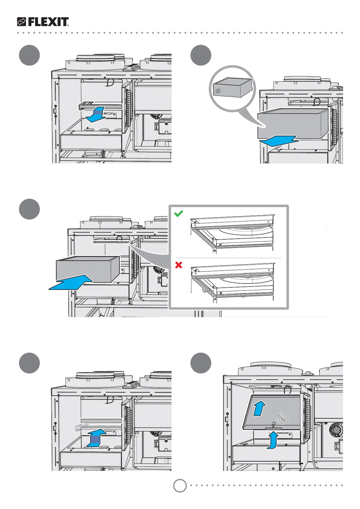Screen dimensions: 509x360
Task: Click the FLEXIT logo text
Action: [48, 22]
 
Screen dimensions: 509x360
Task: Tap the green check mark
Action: [179, 214]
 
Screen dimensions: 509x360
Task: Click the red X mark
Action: [179, 265]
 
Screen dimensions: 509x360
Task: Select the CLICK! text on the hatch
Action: [282, 418]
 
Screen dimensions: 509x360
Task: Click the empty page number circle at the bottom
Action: [180, 486]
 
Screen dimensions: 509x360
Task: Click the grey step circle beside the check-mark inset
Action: [29, 209]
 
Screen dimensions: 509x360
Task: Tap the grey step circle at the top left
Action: [29, 55]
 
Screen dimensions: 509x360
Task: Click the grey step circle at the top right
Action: [201, 55]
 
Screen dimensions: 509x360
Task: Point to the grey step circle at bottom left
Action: [29, 363]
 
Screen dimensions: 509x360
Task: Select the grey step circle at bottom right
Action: [201, 363]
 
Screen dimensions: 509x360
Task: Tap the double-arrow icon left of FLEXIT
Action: [22, 22]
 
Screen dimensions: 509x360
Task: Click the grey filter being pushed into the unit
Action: [88, 269]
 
